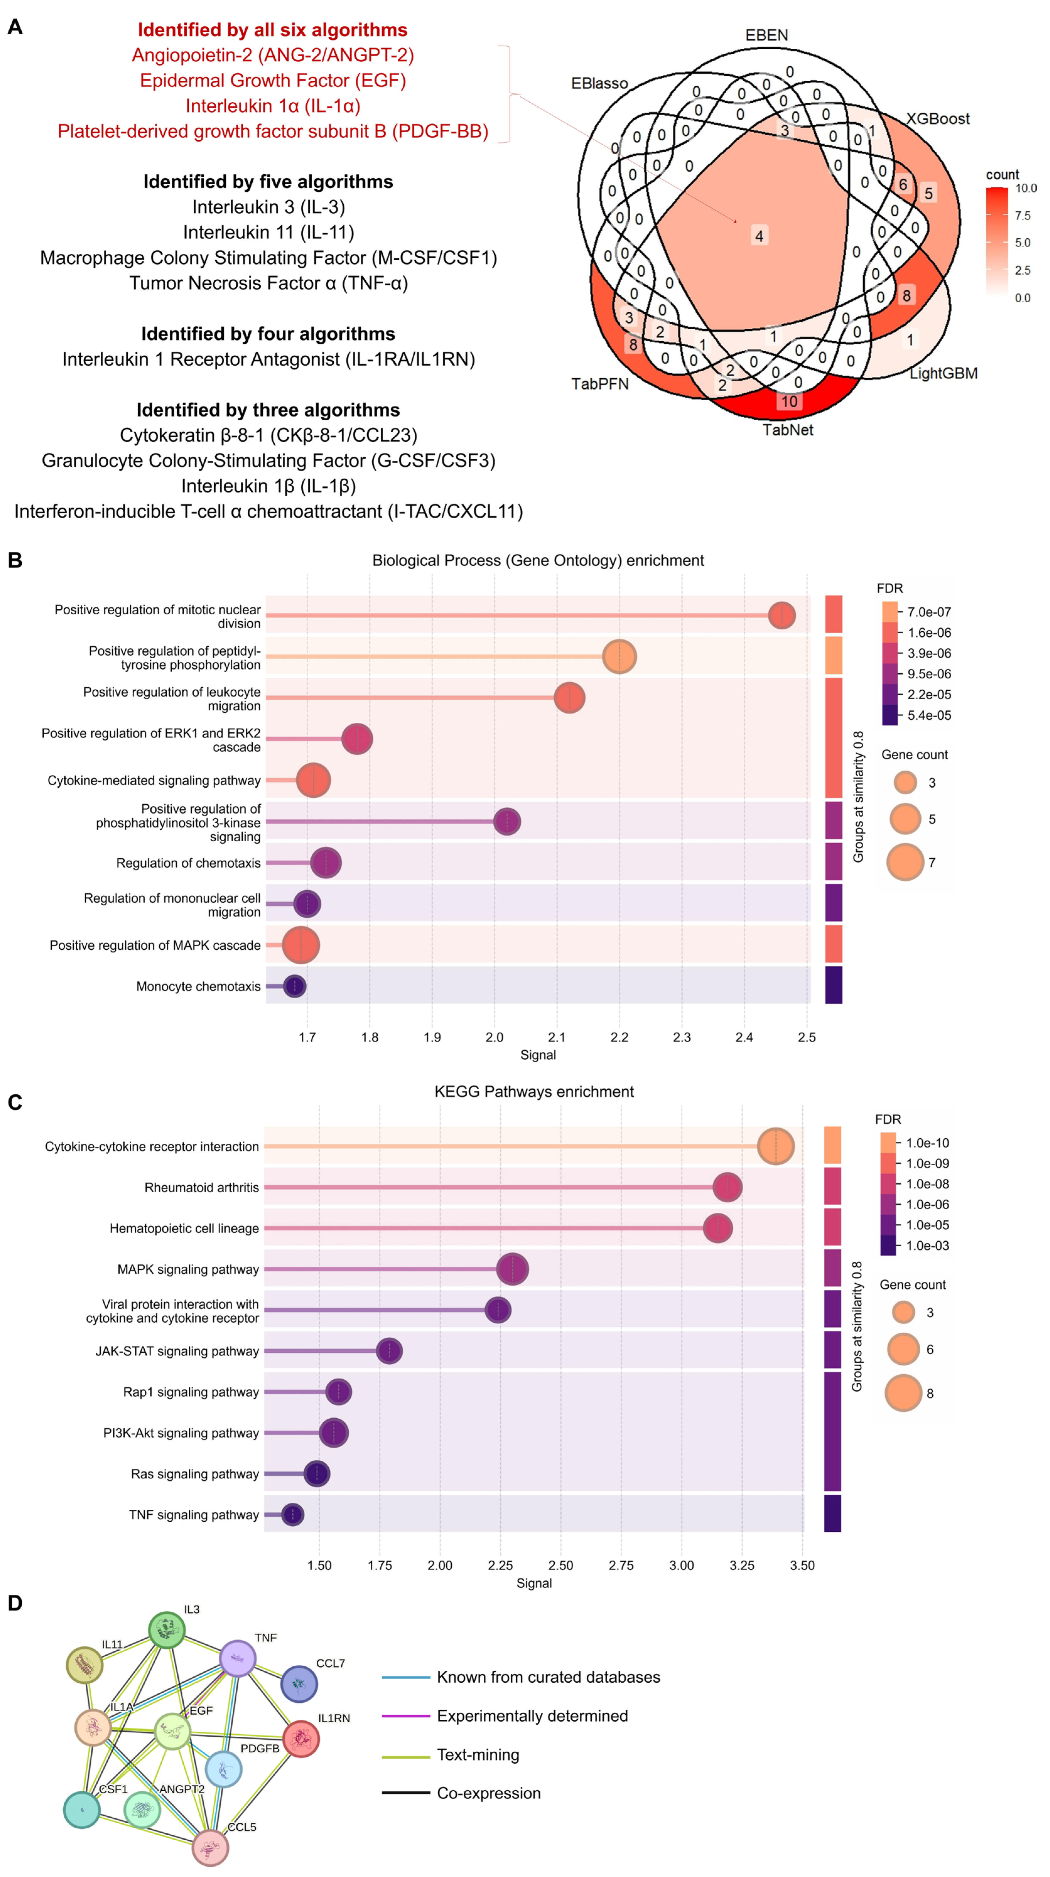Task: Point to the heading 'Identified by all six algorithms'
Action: (x=272, y=30)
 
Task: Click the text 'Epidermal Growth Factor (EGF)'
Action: (x=272, y=80)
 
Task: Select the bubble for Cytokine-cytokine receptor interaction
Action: (x=775, y=1146)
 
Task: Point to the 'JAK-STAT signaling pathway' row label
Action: (x=177, y=1351)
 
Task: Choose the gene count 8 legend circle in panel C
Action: (x=903, y=1393)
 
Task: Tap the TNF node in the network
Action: (x=238, y=1659)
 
